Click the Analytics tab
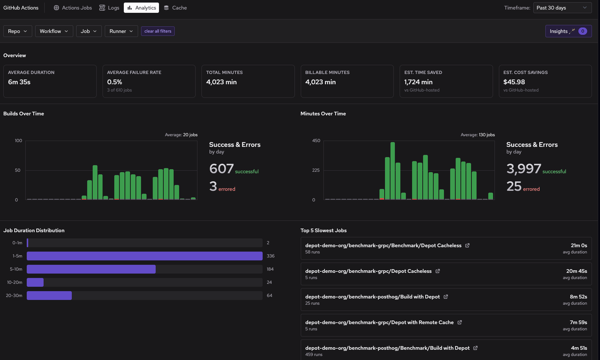click(x=141, y=8)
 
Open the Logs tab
click(x=109, y=8)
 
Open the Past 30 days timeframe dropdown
click(x=562, y=8)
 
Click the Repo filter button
click(x=18, y=31)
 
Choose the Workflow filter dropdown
click(x=54, y=31)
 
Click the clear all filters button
click(x=158, y=31)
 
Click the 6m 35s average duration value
click(x=19, y=82)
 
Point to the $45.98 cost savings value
click(x=514, y=82)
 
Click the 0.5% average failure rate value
click(x=115, y=82)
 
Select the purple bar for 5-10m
click(x=91, y=269)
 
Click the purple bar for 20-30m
click(x=49, y=296)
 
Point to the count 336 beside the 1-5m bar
click(x=270, y=256)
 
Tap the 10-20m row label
click(x=15, y=282)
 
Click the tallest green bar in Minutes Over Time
click(x=393, y=171)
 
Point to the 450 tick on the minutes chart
click(x=316, y=141)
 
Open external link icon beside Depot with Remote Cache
click(x=459, y=322)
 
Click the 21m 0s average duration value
click(x=578, y=245)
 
